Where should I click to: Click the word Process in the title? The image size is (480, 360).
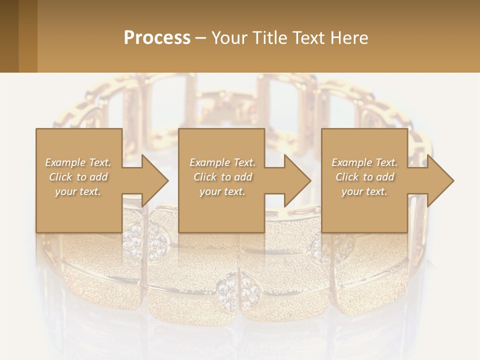coord(157,38)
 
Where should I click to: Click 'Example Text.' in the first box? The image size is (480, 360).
coord(78,162)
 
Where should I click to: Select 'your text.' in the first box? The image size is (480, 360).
coord(78,191)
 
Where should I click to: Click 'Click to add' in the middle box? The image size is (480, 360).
coord(222,177)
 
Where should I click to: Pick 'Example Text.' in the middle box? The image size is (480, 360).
coord(222,162)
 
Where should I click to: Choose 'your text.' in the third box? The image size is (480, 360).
coord(364,191)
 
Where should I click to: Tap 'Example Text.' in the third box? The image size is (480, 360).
coord(364,162)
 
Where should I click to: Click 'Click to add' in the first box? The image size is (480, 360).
coord(78,177)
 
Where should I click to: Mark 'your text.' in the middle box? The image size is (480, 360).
coord(222,191)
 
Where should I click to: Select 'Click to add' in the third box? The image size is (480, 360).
coord(364,177)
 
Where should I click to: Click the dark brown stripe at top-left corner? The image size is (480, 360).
coord(9,36)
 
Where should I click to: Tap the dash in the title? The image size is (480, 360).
coord(200,38)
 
